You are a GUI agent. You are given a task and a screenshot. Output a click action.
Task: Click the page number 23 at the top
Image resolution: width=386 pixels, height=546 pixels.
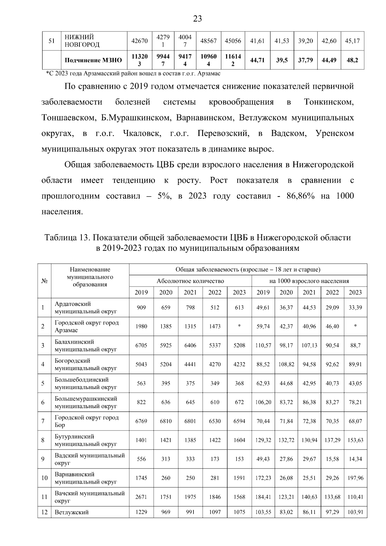(198, 19)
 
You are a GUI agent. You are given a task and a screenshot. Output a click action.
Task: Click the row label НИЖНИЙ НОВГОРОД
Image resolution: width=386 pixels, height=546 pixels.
(82, 41)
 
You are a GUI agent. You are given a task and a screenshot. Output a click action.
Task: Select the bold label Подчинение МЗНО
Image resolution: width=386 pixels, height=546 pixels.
(93, 60)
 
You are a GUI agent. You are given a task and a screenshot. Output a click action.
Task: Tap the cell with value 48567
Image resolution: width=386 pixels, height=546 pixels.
(208, 41)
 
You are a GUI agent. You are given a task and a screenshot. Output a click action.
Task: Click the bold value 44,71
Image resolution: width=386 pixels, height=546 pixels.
(257, 60)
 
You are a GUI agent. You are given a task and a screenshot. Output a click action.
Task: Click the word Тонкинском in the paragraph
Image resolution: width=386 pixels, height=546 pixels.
(328, 102)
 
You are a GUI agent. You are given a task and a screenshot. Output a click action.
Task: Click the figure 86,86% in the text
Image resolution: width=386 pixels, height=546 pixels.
(300, 196)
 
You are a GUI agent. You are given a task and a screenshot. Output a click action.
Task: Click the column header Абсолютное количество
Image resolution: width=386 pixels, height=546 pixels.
(190, 281)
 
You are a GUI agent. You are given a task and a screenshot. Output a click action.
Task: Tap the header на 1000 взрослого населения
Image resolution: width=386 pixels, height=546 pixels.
(309, 281)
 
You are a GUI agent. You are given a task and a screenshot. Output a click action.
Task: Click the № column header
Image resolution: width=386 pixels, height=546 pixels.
(44, 281)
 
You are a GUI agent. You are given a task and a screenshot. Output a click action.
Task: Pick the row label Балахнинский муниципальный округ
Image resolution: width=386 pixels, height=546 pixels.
(86, 345)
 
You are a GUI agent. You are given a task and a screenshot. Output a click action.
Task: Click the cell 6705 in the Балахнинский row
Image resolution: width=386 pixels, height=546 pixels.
(141, 345)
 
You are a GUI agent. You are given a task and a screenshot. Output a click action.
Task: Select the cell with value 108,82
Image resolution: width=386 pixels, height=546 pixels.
(286, 364)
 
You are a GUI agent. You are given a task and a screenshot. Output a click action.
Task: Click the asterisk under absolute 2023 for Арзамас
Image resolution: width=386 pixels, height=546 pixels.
(239, 326)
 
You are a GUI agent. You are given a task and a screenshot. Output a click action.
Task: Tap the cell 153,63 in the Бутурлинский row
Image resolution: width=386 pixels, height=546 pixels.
(355, 440)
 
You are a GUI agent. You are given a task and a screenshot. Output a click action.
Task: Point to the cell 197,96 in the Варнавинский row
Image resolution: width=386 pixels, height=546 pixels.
(355, 478)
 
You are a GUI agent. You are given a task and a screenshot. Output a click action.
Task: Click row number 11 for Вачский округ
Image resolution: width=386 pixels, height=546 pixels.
(44, 497)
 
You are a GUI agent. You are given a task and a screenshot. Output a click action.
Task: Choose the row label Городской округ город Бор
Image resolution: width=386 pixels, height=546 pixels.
(87, 421)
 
